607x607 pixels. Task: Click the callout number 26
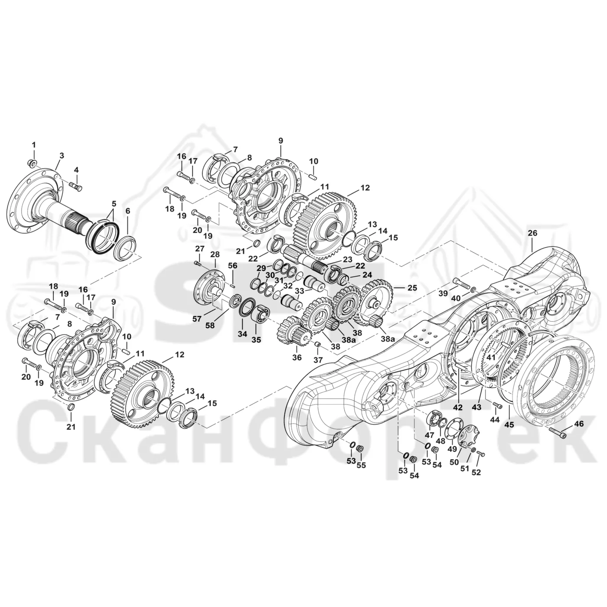point(532,233)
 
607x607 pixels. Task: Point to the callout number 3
point(62,156)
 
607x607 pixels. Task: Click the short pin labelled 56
point(233,286)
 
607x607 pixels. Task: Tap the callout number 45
point(509,424)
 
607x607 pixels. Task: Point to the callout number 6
point(127,211)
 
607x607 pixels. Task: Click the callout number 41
point(491,357)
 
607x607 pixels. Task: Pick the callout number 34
point(242,334)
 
